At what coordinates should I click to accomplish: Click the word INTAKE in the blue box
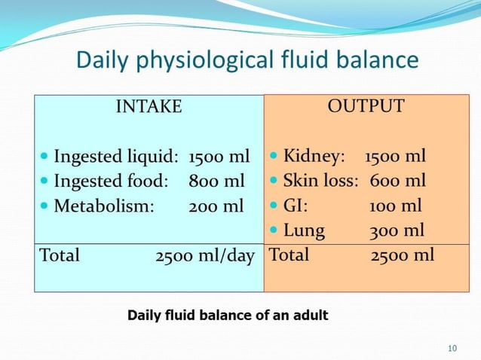click(x=149, y=107)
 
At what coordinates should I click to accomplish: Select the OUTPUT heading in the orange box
click(x=366, y=106)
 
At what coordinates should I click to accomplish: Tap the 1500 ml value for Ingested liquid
click(x=219, y=157)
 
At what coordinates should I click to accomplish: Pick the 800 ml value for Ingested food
click(x=216, y=181)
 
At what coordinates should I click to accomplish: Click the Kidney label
click(x=314, y=157)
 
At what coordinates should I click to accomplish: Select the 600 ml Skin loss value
click(x=397, y=181)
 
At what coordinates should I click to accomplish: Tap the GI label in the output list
click(x=295, y=206)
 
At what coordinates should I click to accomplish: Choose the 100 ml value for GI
click(x=395, y=206)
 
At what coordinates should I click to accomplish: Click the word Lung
click(x=303, y=230)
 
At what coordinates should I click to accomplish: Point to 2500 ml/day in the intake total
click(x=205, y=255)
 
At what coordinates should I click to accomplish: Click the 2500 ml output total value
click(x=403, y=255)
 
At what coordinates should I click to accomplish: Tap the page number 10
click(x=452, y=348)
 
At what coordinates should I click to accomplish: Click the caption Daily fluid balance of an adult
click(x=228, y=315)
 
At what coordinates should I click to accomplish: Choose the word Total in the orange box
click(x=289, y=255)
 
